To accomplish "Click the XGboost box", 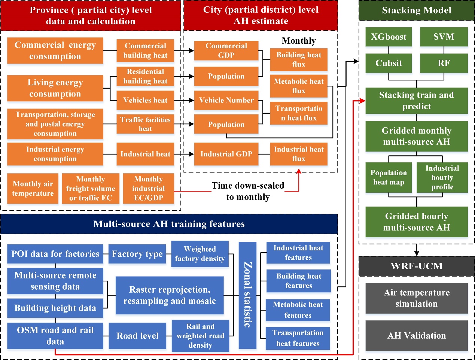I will click(389, 37).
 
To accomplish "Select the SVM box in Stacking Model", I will click(444, 37).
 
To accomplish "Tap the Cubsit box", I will click(389, 63).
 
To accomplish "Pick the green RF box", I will click(444, 63).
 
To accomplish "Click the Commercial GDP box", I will click(226, 51).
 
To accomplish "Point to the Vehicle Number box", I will click(226, 100).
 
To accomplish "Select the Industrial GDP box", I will click(226, 154).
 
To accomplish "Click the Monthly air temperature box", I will click(33, 189).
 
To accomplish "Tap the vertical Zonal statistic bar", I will click(247, 295).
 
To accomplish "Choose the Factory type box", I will click(137, 254).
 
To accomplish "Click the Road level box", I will click(137, 336).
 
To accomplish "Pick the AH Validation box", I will click(417, 336).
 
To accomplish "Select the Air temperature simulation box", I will click(417, 298).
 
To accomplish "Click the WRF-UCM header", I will click(417, 266).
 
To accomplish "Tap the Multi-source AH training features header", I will click(169, 224).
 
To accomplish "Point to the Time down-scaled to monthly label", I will click(248, 191).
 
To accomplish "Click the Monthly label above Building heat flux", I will click(299, 41).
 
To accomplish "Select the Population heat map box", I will click(389, 177).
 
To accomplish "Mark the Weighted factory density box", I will click(200, 254).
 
